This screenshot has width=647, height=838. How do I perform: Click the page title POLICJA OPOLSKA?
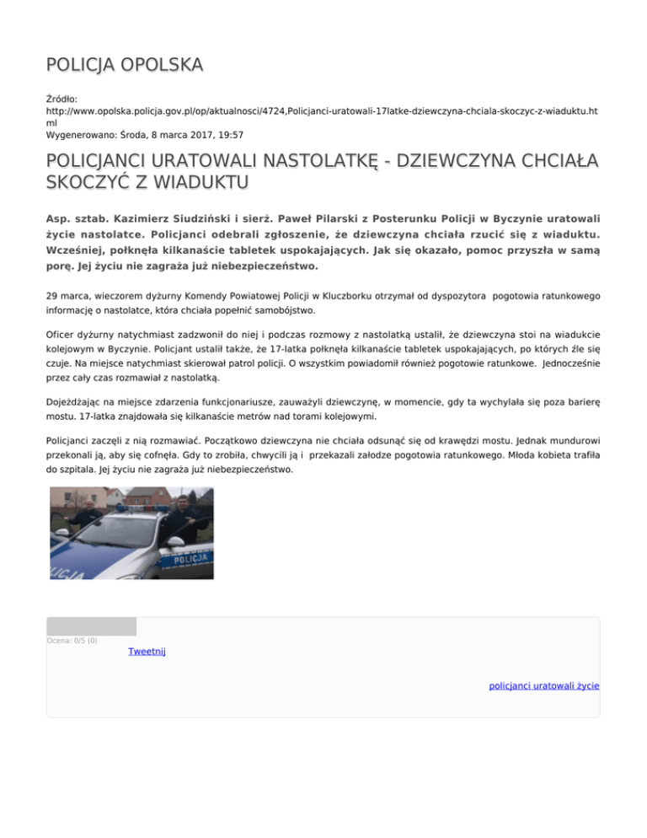(124, 64)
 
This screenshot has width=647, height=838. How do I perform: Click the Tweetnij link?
(147, 652)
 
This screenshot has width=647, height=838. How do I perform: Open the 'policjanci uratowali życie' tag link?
(544, 686)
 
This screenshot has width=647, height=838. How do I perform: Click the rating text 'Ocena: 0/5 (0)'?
(72, 641)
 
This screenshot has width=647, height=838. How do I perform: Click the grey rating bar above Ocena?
(91, 626)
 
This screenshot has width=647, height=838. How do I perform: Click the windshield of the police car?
(118, 529)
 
